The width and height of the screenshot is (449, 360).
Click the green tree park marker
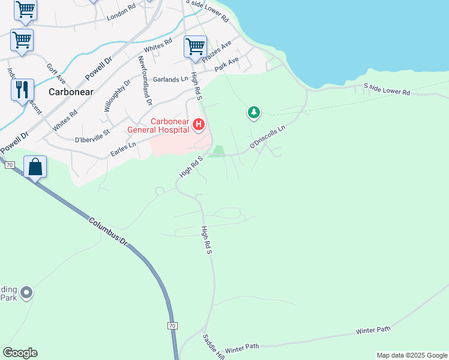point(254,112)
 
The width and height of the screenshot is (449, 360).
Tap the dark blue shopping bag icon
point(35,167)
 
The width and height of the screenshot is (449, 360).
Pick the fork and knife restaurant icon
point(22,89)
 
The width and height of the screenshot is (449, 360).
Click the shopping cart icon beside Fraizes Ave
point(195,46)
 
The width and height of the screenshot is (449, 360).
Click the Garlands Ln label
point(166,80)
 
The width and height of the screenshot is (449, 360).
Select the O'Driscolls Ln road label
point(268,136)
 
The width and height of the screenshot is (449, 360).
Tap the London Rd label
point(121,14)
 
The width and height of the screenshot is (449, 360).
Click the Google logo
point(20,353)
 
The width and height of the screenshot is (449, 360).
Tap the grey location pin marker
point(26,293)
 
